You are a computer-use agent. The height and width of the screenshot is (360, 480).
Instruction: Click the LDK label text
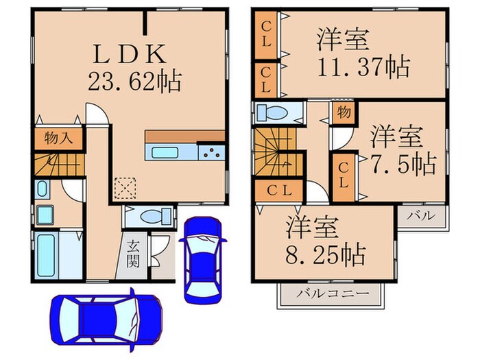click(130, 54)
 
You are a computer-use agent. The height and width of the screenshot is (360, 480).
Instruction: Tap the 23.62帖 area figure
click(134, 81)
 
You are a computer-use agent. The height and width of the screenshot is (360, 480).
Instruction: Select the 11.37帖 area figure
click(363, 67)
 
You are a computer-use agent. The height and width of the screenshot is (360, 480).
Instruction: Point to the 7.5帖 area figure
click(403, 163)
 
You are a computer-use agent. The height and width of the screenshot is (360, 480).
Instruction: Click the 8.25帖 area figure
click(326, 254)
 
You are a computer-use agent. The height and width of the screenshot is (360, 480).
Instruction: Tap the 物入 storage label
click(58, 138)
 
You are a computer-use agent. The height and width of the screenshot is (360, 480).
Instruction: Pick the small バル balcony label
click(421, 215)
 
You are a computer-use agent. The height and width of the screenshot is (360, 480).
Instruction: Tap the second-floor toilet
click(272, 113)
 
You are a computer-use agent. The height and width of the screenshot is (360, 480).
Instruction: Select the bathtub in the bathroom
click(47, 255)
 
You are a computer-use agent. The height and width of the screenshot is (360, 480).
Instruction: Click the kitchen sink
click(165, 152)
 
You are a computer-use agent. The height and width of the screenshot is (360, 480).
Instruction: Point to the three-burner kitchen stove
click(211, 152)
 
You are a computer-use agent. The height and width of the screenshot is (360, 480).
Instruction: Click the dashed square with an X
click(125, 188)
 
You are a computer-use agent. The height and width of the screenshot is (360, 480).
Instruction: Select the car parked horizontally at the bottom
click(106, 319)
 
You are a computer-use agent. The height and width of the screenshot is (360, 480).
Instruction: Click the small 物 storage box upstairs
click(344, 112)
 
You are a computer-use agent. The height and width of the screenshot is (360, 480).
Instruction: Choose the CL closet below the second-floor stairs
click(279, 191)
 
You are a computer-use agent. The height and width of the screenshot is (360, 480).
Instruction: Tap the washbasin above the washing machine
click(42, 189)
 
